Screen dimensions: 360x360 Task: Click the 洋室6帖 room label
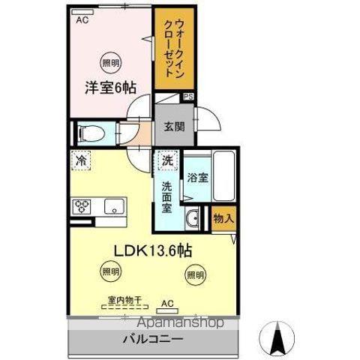[x=104, y=85]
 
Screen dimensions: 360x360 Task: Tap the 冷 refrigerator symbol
[x=80, y=160]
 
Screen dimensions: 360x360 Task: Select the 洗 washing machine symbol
[x=168, y=160]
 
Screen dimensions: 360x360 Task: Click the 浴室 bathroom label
[x=198, y=181]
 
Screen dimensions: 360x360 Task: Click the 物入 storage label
[x=223, y=219]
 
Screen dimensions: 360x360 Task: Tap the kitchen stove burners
[x=82, y=207]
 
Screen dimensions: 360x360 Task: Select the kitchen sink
[x=113, y=207]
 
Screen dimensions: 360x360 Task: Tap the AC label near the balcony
[x=168, y=304]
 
